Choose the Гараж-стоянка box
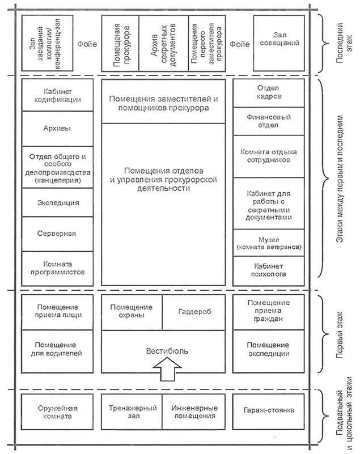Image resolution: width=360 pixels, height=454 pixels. pyautogui.click(x=266, y=412)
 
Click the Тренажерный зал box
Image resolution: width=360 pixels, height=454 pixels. pyautogui.click(x=132, y=412)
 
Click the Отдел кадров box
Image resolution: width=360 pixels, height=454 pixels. pyautogui.click(x=266, y=92)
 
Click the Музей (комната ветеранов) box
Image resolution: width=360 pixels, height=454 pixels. pyautogui.click(x=266, y=243)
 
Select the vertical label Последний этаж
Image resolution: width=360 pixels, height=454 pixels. pyautogui.click(x=338, y=43)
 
